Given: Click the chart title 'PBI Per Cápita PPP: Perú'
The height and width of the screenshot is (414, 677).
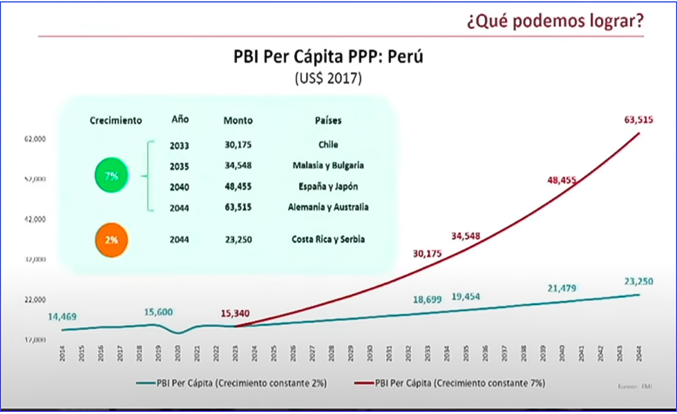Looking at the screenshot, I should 327,57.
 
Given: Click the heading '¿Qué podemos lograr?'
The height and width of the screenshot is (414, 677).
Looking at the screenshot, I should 555,21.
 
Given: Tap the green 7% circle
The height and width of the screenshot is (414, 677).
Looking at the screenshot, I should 111,177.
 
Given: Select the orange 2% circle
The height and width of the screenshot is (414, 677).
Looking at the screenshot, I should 111,240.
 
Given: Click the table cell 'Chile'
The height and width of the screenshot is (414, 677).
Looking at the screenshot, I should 328,146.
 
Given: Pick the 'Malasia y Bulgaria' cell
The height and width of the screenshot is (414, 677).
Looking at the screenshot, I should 328,166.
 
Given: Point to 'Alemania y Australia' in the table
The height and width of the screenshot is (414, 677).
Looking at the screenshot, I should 328,207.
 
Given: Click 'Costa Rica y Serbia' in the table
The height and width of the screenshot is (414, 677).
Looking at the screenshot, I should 328,239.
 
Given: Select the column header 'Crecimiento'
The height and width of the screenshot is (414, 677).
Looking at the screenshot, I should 116,120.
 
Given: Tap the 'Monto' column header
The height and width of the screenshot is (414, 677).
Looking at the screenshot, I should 238,120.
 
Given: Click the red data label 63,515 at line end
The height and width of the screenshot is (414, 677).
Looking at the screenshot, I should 638,120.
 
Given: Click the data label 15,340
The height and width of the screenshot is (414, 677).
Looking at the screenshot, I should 235,314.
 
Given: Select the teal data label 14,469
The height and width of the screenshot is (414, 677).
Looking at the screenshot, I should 62,317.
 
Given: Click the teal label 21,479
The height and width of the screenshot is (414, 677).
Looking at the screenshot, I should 561,288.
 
